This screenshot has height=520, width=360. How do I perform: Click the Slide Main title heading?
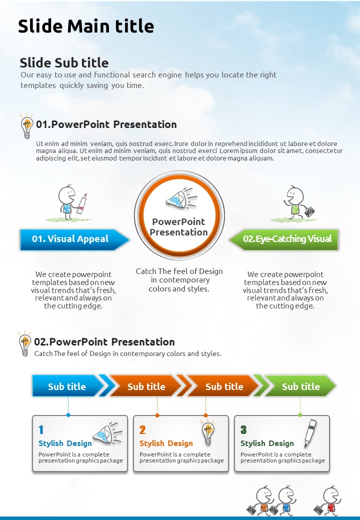(x=86, y=26)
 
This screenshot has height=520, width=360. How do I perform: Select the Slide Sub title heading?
(x=64, y=62)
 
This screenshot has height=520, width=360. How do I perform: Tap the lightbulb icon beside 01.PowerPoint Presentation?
(x=26, y=126)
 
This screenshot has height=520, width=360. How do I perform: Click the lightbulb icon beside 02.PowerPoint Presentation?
(x=25, y=343)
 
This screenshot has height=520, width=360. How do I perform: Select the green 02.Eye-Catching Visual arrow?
(x=284, y=239)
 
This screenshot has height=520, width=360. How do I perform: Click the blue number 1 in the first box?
(x=41, y=430)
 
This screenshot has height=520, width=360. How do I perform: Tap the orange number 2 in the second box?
(x=142, y=430)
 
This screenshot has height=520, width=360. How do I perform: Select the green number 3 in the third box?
(x=243, y=430)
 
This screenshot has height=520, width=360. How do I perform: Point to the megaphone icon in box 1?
(x=107, y=433)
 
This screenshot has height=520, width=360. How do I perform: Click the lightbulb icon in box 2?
(x=208, y=432)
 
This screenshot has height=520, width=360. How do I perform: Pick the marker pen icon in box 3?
(x=310, y=433)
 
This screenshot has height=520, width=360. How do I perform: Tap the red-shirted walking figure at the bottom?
(x=328, y=501)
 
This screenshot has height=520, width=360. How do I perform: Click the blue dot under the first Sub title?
(x=68, y=415)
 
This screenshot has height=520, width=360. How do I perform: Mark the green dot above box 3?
(x=300, y=415)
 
